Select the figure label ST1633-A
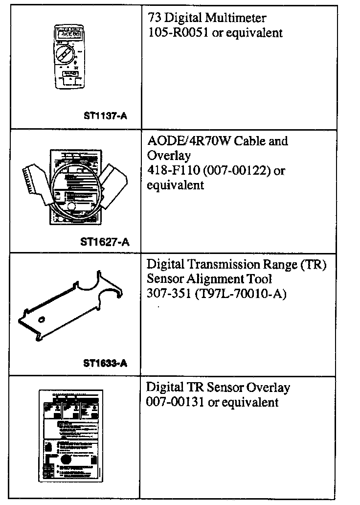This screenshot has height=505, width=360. click(105, 363)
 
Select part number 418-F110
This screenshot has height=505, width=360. click(169, 171)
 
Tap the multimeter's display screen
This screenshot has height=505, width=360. click(68, 33)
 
